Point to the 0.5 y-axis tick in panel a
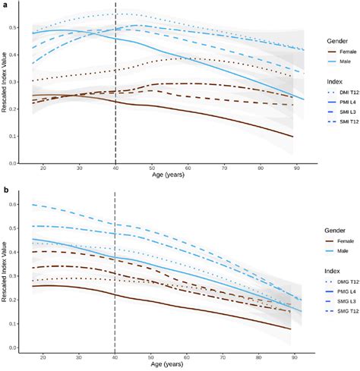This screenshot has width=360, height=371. (x=15, y=27)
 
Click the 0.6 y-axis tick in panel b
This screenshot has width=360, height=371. (x=15, y=205)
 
